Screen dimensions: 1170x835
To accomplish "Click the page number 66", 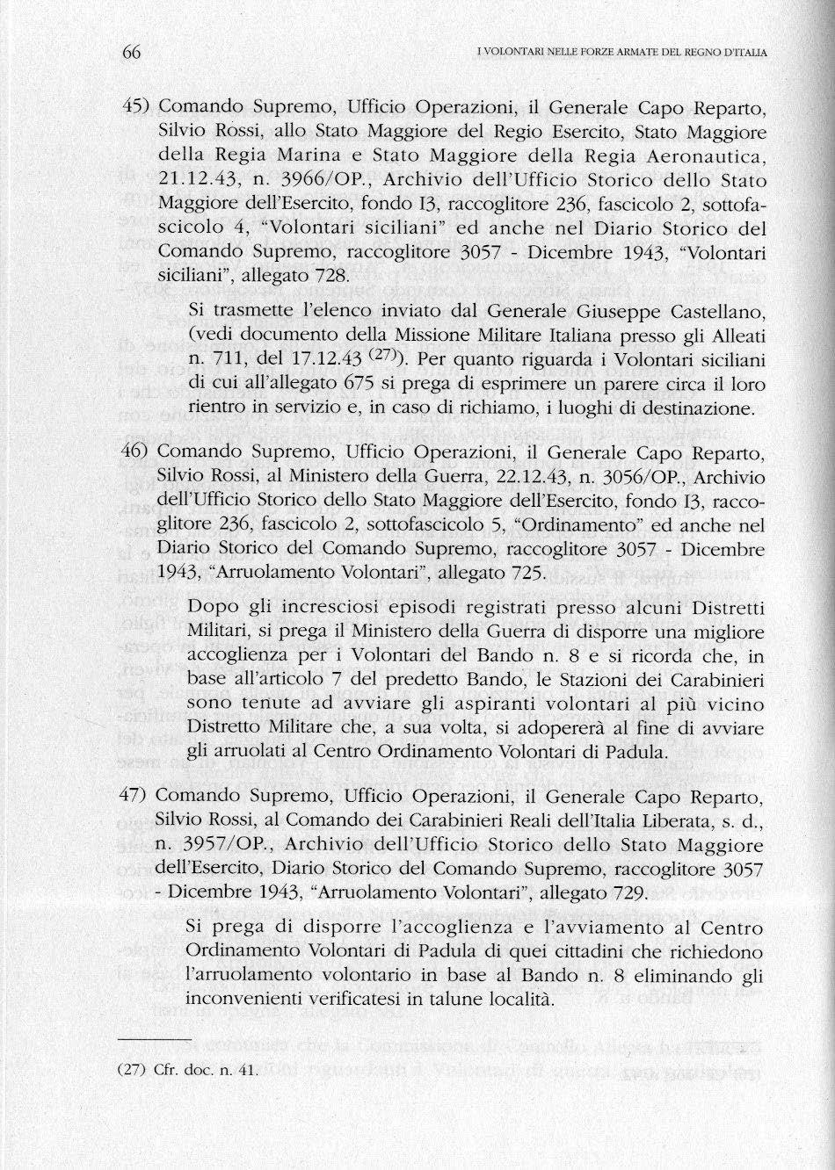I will coord(132,53).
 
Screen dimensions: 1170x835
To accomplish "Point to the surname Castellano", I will coord(714,313).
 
